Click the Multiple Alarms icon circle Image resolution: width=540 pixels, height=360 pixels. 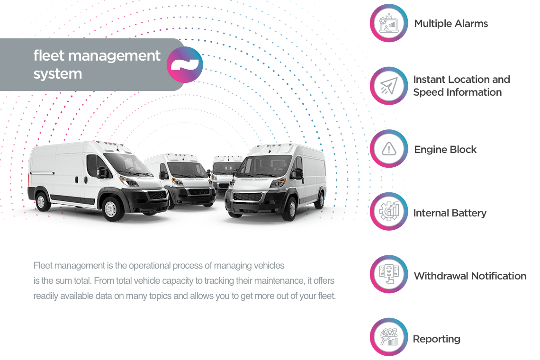coord(389,23)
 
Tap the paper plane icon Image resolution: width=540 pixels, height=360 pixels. coord(389,86)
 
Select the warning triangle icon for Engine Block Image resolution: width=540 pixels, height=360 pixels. coord(389,149)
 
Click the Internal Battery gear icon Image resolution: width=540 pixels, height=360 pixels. coord(389,212)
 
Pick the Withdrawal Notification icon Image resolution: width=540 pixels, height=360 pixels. coord(389,275)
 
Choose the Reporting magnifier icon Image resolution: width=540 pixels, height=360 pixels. coord(389,337)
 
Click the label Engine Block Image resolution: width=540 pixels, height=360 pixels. coord(445,150)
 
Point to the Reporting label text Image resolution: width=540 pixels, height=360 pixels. coord(436,339)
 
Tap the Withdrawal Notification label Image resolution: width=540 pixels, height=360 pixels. coord(470,276)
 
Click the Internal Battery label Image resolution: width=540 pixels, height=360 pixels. coord(450,213)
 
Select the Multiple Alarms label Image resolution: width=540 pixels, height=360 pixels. coord(451,24)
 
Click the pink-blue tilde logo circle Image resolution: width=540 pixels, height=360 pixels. coord(185,65)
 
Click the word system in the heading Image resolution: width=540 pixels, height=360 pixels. coord(58,74)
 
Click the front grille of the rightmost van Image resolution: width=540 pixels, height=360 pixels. coord(248,196)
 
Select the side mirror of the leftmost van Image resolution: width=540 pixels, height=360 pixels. coord(102,172)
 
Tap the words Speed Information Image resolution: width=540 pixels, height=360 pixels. coord(457,92)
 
